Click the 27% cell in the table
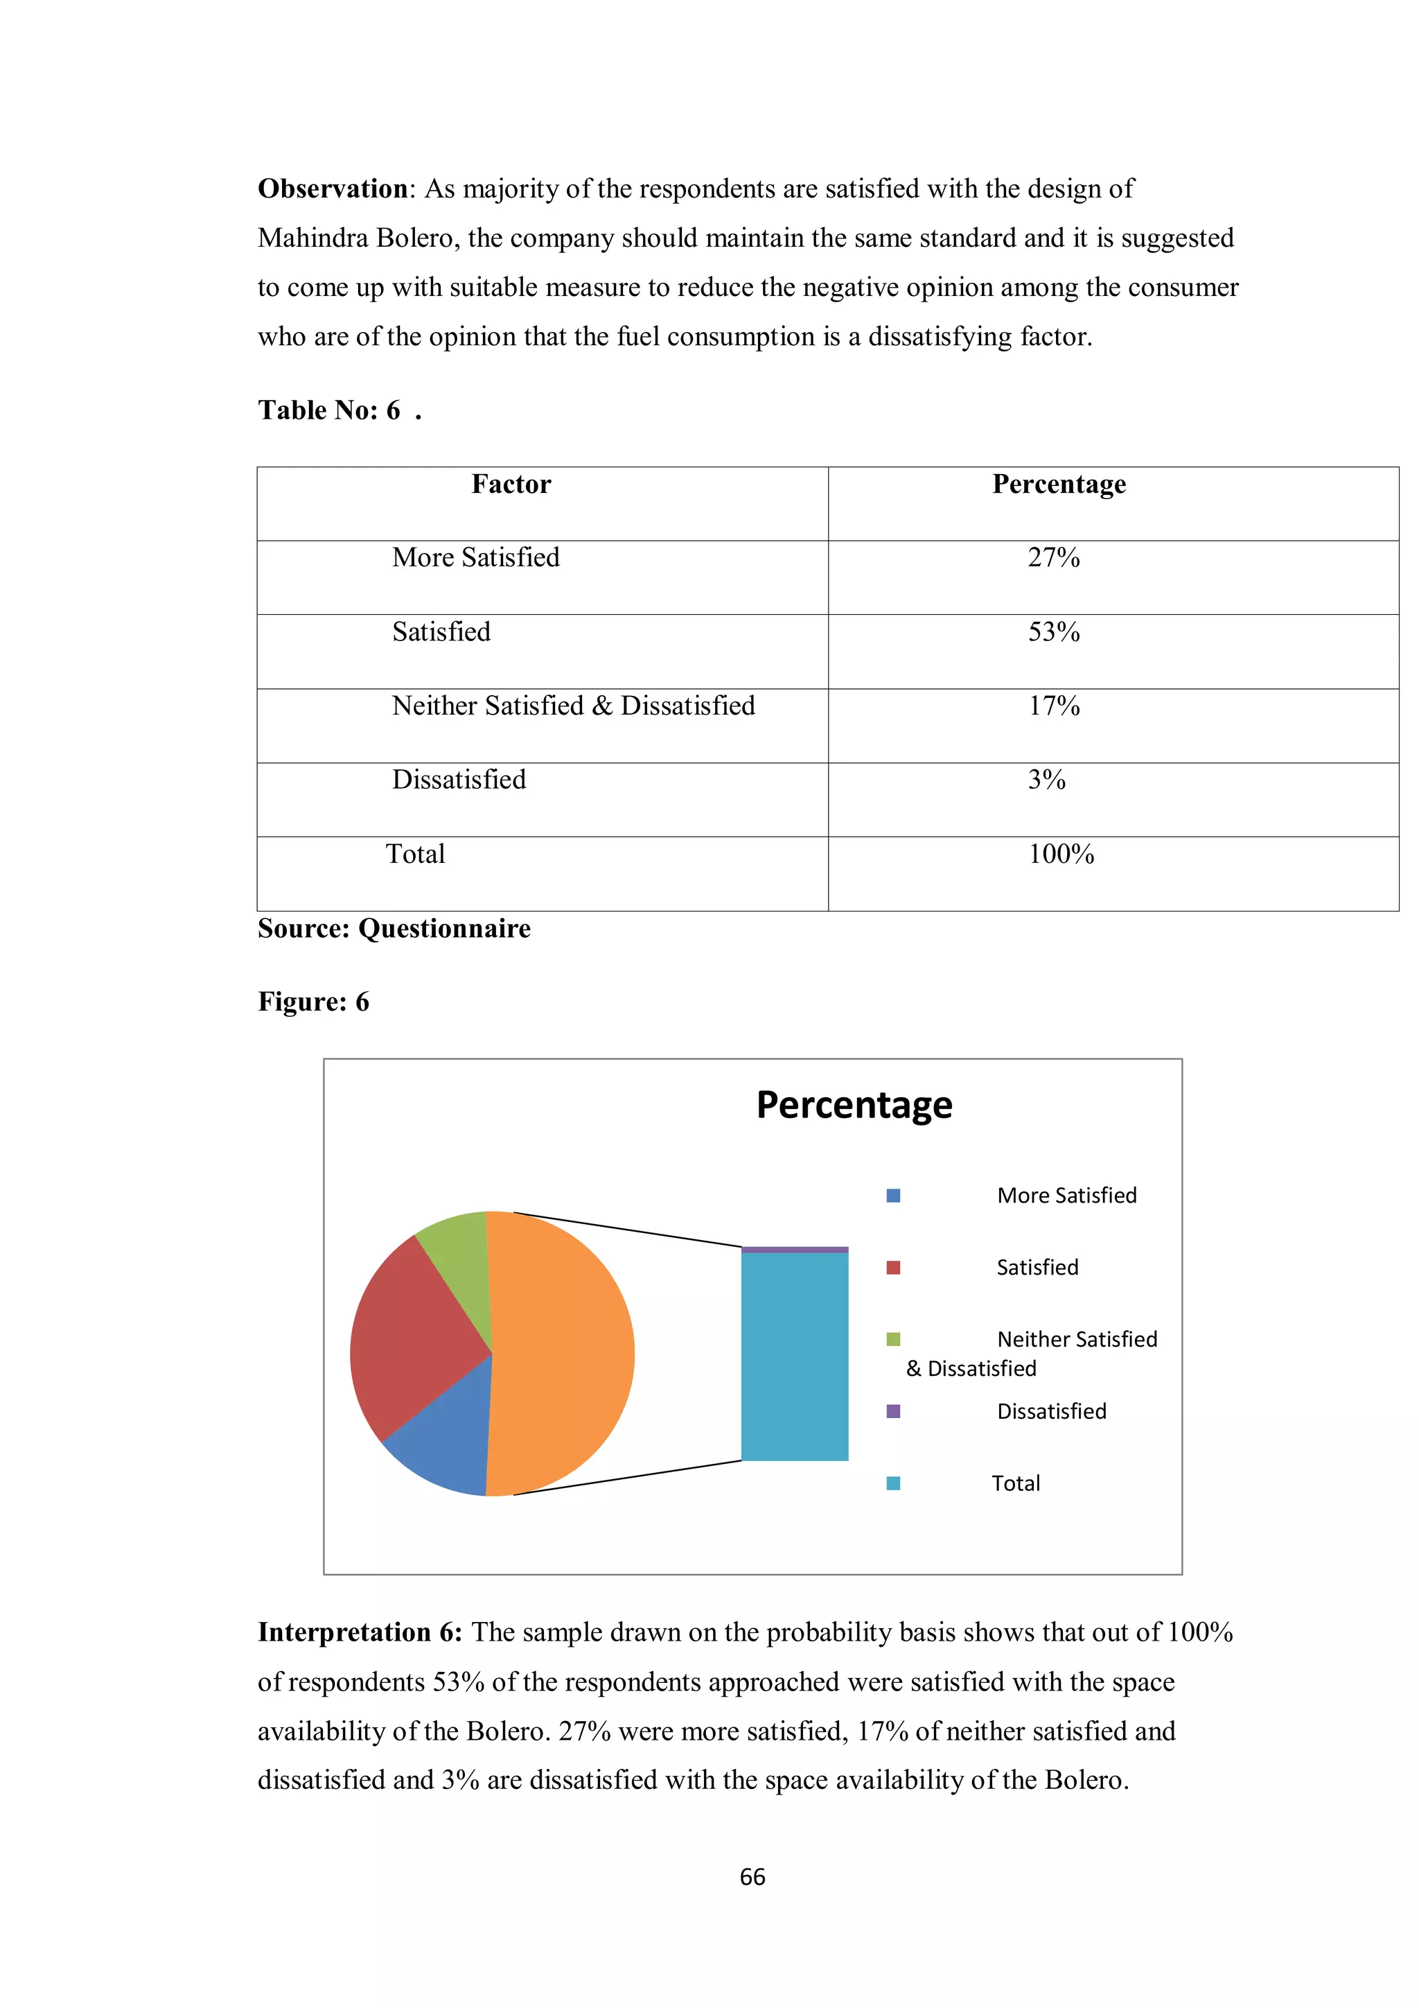(x=1054, y=558)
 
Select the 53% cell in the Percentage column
(x=1054, y=632)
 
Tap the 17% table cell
(x=1054, y=706)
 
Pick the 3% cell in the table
(x=1046, y=780)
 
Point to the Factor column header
(x=511, y=484)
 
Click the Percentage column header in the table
(x=1059, y=484)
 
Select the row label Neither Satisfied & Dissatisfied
(x=574, y=706)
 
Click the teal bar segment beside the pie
(x=794, y=1356)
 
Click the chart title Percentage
(x=854, y=1105)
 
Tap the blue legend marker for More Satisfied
(x=892, y=1196)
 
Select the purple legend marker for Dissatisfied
(x=892, y=1411)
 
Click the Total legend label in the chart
(x=1015, y=1483)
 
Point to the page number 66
(x=752, y=1877)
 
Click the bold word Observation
(x=333, y=189)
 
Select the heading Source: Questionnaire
(x=394, y=929)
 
